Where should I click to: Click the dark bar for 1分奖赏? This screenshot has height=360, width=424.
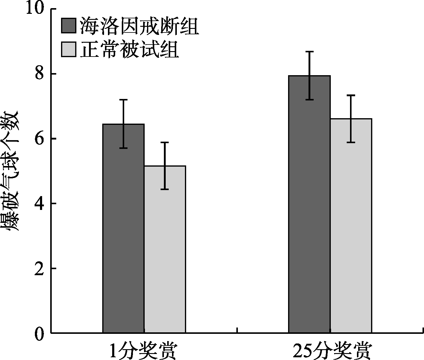[123, 229]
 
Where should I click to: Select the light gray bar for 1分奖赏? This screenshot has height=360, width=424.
[165, 250]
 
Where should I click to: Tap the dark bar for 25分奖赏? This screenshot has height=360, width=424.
[309, 205]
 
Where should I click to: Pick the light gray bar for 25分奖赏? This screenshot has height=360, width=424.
[351, 226]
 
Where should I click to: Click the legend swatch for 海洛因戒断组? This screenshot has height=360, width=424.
[69, 26]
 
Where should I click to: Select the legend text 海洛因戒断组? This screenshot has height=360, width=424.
[139, 26]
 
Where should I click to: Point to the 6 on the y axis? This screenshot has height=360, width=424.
[40, 139]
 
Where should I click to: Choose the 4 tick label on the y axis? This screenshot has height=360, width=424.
[40, 204]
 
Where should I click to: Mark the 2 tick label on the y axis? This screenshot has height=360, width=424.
[40, 268]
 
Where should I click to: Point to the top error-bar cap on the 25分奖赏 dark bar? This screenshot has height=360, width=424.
[309, 52]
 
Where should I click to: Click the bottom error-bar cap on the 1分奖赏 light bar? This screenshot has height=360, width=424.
[165, 189]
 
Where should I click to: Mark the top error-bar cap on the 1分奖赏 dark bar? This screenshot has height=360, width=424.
[123, 100]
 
